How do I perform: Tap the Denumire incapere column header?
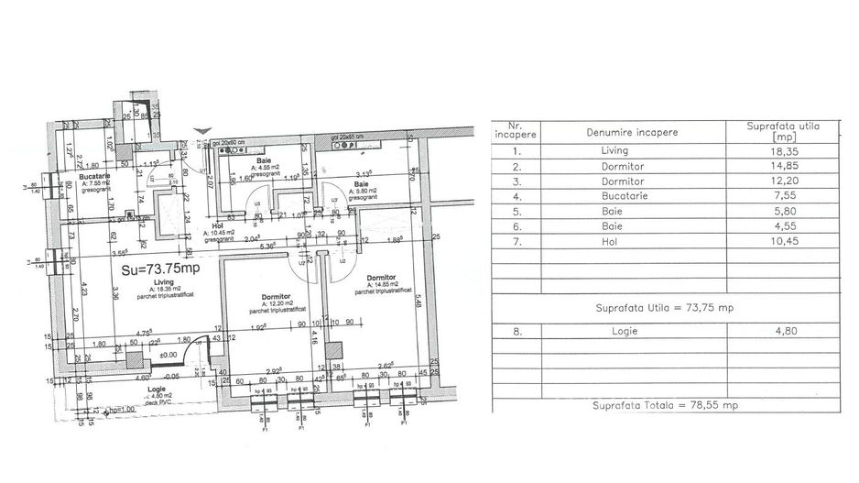(632, 132)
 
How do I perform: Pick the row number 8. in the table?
(518, 335)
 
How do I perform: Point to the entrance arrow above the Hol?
(209, 131)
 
